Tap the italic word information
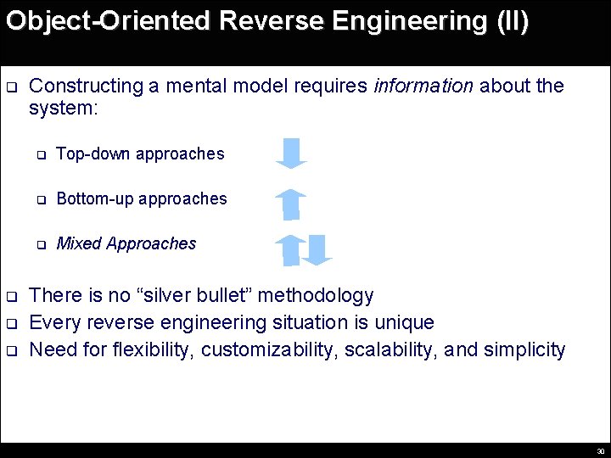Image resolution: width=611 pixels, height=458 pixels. point(423,86)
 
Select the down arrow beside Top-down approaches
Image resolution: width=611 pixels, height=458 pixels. point(291,153)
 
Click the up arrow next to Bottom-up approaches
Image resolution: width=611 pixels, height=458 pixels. point(291,204)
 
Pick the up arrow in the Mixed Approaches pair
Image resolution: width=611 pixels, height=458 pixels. point(290,249)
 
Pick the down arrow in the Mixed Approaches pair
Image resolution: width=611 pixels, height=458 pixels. point(317,249)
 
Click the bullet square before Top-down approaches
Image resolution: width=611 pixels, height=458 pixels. point(39,155)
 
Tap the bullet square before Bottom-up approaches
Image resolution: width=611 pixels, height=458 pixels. point(39,200)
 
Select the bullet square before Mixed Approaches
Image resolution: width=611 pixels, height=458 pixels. point(39,245)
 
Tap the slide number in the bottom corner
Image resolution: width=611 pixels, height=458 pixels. point(600,451)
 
